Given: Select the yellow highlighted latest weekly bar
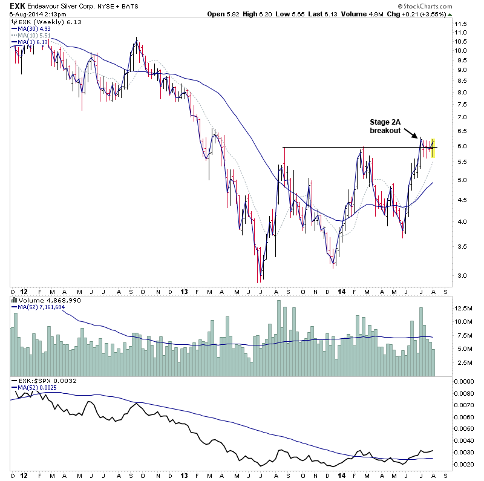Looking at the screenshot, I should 433,148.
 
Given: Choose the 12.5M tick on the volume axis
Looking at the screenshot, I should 464,308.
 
